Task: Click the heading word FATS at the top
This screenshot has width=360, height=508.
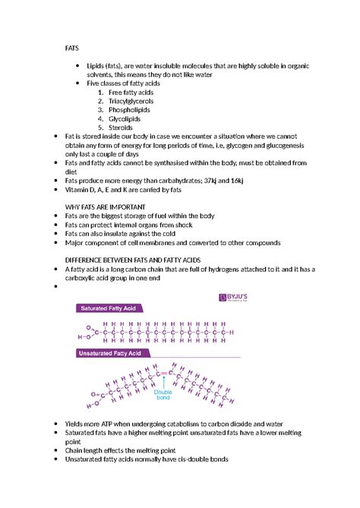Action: (71, 47)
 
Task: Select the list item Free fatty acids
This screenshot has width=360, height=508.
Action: (131, 92)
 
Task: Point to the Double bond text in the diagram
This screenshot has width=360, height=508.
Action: (163, 395)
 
